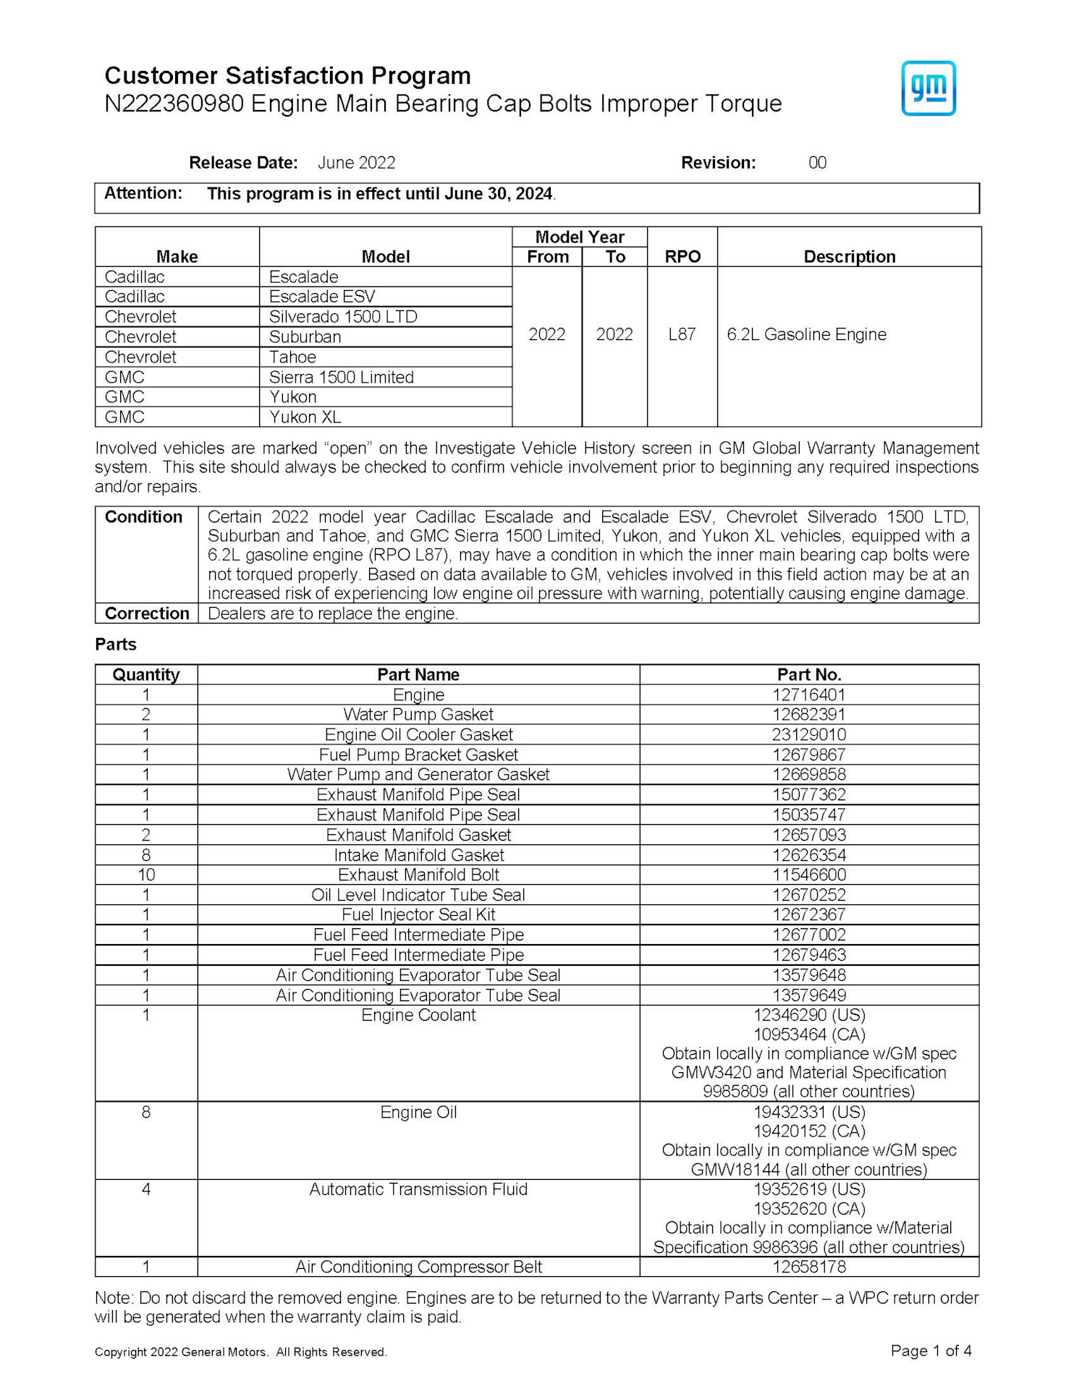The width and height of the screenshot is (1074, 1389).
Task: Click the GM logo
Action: pyautogui.click(x=928, y=88)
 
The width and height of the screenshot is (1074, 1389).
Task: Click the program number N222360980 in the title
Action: pyautogui.click(x=174, y=104)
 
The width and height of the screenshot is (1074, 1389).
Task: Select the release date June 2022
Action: pyautogui.click(x=356, y=163)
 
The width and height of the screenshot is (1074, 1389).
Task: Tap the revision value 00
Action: pyautogui.click(x=817, y=163)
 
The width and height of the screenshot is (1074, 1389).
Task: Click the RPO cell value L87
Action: pyautogui.click(x=682, y=334)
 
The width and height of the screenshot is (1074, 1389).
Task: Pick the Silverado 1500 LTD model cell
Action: pyautogui.click(x=343, y=317)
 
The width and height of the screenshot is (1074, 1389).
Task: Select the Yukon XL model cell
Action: pyautogui.click(x=305, y=417)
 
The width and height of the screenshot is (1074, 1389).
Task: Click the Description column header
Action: pyautogui.click(x=849, y=257)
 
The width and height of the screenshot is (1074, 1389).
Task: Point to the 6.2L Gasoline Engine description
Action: pyautogui.click(x=806, y=334)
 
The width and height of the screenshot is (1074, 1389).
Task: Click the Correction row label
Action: pyautogui.click(x=147, y=613)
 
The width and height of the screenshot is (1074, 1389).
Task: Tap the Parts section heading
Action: pyautogui.click(x=116, y=645)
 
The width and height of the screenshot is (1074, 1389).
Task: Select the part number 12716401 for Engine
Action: pyautogui.click(x=808, y=694)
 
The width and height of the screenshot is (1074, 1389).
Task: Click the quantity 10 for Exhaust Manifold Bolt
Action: pyautogui.click(x=146, y=875)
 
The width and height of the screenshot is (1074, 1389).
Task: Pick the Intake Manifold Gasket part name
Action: pyautogui.click(x=418, y=855)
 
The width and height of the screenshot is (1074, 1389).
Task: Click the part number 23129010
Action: pyautogui.click(x=808, y=734)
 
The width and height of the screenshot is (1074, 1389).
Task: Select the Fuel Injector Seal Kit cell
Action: pyautogui.click(x=418, y=914)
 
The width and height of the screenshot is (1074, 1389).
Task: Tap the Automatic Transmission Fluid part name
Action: pyautogui.click(x=418, y=1189)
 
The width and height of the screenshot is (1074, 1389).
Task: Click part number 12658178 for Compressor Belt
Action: pyautogui.click(x=808, y=1267)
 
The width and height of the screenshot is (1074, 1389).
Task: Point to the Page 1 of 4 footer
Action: pyautogui.click(x=931, y=1351)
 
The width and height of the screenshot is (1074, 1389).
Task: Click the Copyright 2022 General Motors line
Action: pyautogui.click(x=241, y=1352)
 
